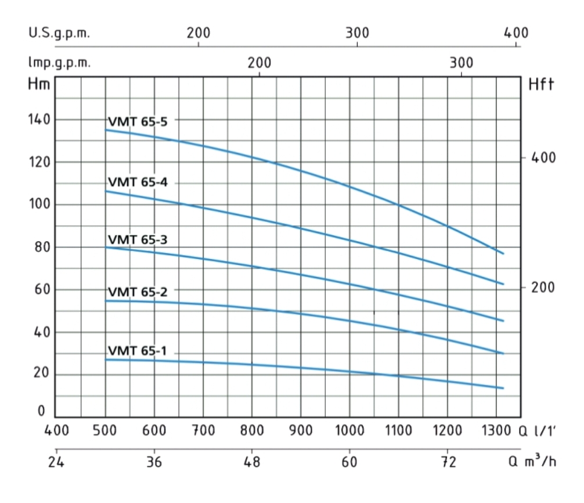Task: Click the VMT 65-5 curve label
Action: click(137, 121)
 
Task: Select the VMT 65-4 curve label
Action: click(137, 182)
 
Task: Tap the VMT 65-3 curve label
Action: click(137, 239)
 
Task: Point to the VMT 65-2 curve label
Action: click(137, 292)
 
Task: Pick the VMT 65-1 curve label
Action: click(137, 351)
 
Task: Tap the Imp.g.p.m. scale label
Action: click(60, 63)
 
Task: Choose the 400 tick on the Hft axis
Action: click(544, 157)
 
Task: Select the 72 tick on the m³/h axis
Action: click(447, 462)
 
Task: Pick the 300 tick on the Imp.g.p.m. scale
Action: click(462, 63)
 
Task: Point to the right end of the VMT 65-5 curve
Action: click(503, 253)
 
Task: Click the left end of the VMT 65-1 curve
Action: click(106, 360)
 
